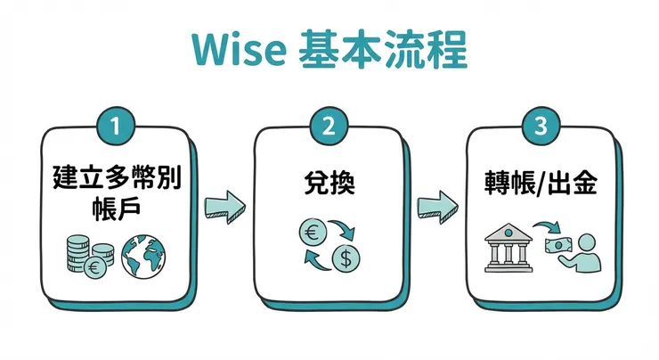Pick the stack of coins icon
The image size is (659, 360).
pos(82,253)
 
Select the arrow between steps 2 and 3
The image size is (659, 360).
pos(435,207)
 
